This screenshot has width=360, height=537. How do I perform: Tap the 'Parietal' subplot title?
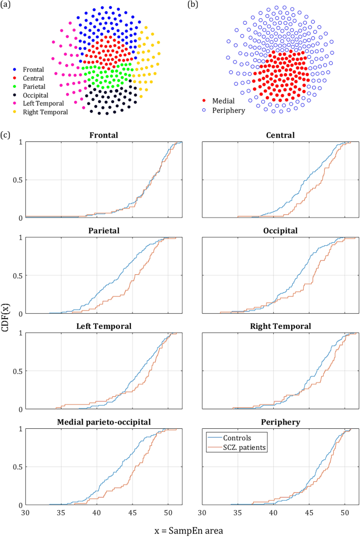(103, 231)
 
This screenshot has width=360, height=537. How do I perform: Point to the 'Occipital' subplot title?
(280, 231)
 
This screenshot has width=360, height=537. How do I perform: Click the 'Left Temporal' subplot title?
(103, 326)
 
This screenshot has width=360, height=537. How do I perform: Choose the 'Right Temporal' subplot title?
(280, 326)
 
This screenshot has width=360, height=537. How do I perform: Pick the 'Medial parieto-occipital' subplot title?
(103, 422)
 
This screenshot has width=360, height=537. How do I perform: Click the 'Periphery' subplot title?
(280, 422)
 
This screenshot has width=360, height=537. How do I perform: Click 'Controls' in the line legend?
(238, 438)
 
